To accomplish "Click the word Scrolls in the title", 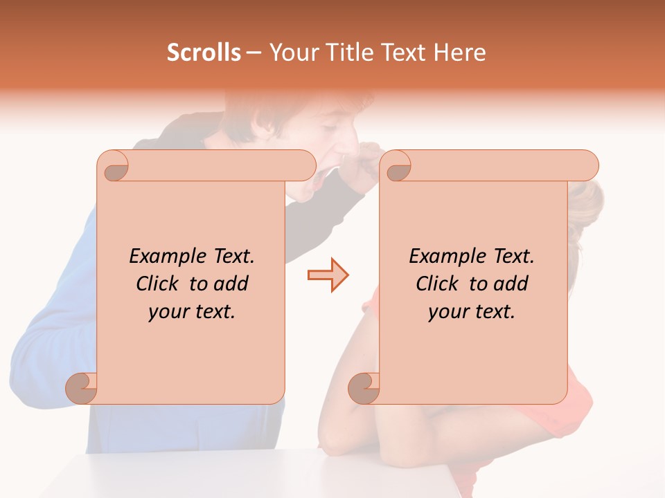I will tap(204, 53).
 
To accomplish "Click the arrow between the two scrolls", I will tap(328, 275).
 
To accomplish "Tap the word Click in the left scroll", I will tap(161, 284).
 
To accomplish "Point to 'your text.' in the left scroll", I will tap(192, 311).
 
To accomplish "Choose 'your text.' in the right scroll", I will tap(472, 311).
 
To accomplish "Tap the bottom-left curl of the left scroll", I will tap(82, 387).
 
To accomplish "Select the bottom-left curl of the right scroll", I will tap(364, 387).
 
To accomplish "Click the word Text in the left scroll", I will tap(232, 257).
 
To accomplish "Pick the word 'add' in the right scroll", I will tap(512, 284).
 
